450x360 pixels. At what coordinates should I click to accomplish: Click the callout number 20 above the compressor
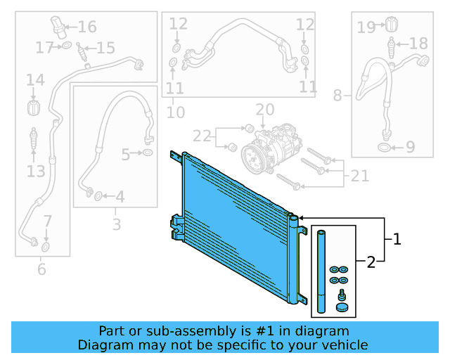pos(264,110)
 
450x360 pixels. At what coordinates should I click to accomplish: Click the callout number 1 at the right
pos(397,239)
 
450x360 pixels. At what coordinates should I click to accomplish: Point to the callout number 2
pos(371,263)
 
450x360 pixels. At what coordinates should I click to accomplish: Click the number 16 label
pos(87,27)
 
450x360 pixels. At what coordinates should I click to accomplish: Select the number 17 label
pos(45,48)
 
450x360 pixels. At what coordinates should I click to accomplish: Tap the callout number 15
pos(105,48)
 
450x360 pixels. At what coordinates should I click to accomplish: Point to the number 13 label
pos(36,171)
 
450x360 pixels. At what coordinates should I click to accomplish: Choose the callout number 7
pos(47,221)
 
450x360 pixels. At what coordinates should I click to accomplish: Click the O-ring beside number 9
pos(384,148)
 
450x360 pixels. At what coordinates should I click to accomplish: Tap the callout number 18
pos(418,44)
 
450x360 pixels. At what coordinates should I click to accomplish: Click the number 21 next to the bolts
pos(359,176)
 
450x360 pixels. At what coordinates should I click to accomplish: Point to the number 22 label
pos(202,135)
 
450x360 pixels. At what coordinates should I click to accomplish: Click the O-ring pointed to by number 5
pos(148,153)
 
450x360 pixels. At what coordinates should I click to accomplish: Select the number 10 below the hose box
pos(176,112)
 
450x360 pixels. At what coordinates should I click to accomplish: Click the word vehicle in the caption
pos(344,345)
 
